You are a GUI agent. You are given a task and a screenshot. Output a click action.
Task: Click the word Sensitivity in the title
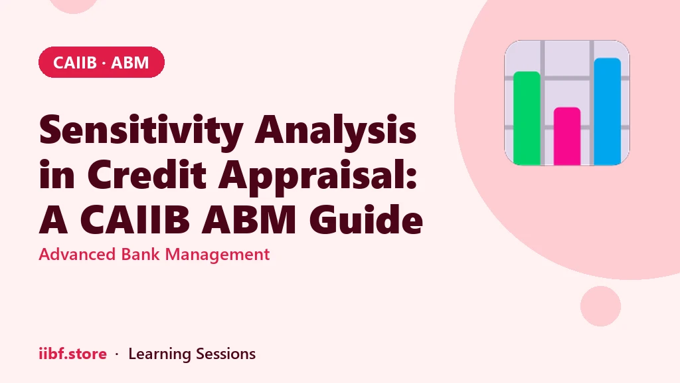pos(141,130)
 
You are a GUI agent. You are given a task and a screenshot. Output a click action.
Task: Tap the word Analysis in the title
pos(335,130)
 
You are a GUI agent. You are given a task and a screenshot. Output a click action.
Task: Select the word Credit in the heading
pos(147,174)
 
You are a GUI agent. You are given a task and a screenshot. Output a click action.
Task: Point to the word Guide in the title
pos(366,219)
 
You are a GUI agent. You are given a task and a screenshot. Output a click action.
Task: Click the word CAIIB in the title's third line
pos(135,219)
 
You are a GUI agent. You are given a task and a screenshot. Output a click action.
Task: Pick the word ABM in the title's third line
pos(249,219)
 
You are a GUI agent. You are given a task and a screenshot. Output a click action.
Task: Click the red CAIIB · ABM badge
pos(102,62)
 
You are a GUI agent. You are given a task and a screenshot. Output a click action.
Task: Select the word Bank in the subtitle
pos(141,254)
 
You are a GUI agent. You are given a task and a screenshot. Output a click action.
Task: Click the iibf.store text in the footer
pos(72,354)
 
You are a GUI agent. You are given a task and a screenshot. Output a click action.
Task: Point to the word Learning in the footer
pos(159,354)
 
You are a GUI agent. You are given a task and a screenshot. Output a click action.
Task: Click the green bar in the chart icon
pos(527,118)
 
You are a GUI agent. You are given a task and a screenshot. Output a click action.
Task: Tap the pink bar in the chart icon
pos(567,136)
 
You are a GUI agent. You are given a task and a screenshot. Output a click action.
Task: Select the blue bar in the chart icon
pos(607,111)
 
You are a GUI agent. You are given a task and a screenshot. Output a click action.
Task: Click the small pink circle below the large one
pos(600,306)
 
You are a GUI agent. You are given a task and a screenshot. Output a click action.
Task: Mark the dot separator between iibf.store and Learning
pos(117,355)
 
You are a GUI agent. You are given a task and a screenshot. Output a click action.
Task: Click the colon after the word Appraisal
pos(412,179)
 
